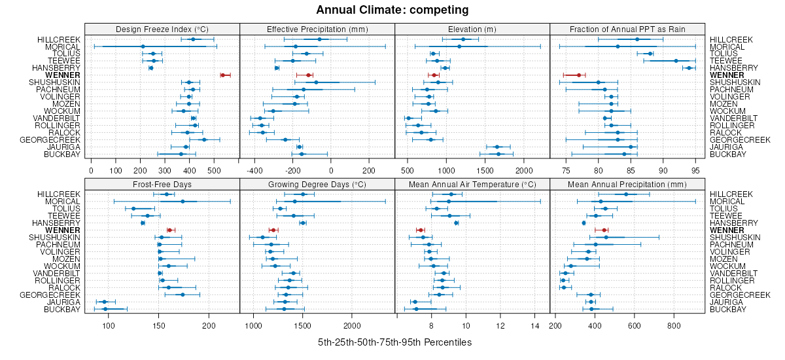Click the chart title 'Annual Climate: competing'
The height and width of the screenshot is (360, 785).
pyautogui.click(x=392, y=10)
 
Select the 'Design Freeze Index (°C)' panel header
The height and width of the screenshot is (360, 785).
pyautogui.click(x=162, y=29)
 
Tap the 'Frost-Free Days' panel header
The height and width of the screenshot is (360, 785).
pyautogui.click(x=162, y=184)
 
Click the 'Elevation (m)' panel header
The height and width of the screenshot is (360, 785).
pyautogui.click(x=472, y=29)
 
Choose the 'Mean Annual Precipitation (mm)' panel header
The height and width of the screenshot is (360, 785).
pyautogui.click(x=627, y=184)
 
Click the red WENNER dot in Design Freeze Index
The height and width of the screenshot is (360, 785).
pyautogui.click(x=223, y=75)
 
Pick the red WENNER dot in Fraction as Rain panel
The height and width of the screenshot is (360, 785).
pyautogui.click(x=578, y=75)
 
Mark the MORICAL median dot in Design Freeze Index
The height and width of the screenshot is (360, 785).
pyautogui.click(x=143, y=46)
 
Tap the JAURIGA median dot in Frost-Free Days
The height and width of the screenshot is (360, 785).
pyautogui.click(x=104, y=302)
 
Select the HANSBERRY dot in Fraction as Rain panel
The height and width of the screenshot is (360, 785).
pyautogui.click(x=689, y=68)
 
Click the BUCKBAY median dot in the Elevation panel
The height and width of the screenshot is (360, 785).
pyautogui.click(x=498, y=154)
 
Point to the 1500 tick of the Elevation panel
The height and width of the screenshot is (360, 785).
pyautogui.click(x=485, y=171)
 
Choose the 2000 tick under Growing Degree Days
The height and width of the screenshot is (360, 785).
pyautogui.click(x=352, y=325)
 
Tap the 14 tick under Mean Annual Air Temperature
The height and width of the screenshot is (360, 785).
pyautogui.click(x=534, y=325)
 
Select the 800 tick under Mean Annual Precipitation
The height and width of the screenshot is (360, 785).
pyautogui.click(x=674, y=325)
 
